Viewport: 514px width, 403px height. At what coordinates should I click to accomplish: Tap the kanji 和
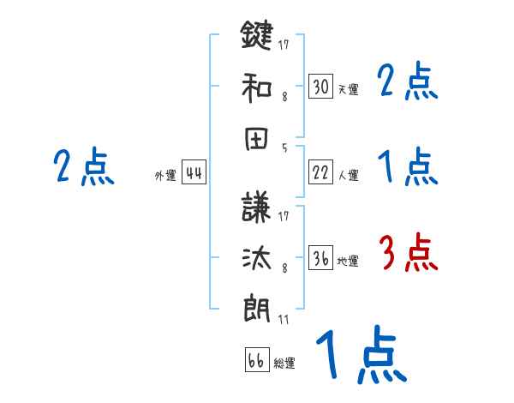point(257,87)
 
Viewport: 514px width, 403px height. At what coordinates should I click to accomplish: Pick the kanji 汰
point(257,259)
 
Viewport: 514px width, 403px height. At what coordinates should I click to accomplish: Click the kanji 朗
point(257,309)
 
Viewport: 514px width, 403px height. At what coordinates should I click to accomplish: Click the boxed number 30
point(320,87)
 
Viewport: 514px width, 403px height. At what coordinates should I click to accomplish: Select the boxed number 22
point(320,172)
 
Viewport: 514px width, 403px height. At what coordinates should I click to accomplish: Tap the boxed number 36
point(320,259)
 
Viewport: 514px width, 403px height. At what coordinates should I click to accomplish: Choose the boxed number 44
point(194,173)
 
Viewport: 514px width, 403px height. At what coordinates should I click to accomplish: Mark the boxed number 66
point(256,360)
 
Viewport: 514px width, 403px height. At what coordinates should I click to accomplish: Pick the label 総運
point(284,364)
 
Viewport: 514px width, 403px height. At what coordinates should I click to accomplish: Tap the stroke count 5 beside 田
point(284,147)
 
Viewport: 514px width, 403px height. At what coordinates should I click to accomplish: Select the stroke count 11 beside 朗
point(284,320)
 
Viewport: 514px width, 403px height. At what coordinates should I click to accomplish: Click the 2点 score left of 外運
point(83,167)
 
